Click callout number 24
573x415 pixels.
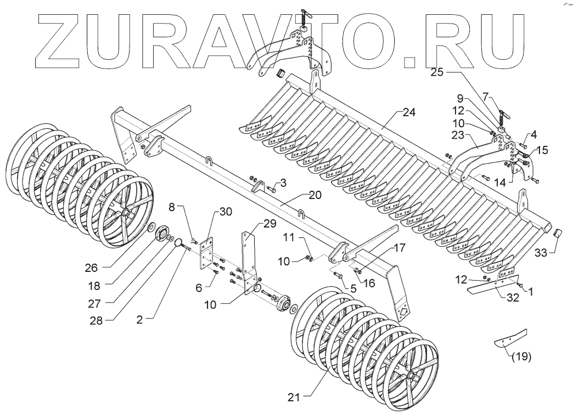tap(409, 112)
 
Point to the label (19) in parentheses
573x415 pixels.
tap(521, 357)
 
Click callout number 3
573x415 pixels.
tap(283, 181)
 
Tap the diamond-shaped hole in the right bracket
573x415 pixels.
tap(403, 312)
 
